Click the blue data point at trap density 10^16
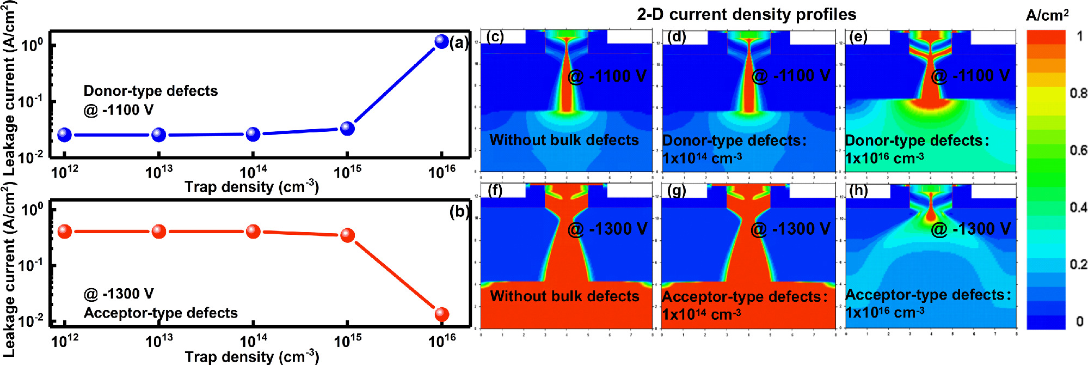441,41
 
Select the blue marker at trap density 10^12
64,135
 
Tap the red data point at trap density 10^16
441,314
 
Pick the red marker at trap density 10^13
159,232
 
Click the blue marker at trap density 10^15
347,129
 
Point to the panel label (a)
459,42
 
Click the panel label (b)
459,211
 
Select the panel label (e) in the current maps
858,37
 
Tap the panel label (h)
858,190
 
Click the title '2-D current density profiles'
746,14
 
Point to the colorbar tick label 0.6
1078,150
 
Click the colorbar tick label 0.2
1078,265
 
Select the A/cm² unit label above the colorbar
1047,15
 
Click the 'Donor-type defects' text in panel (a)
150,91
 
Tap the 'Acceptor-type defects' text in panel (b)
161,313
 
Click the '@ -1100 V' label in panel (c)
607,76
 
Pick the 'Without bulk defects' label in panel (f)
564,296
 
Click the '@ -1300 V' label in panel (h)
970,229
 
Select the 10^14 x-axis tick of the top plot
253,172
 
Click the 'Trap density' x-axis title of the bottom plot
251,357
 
